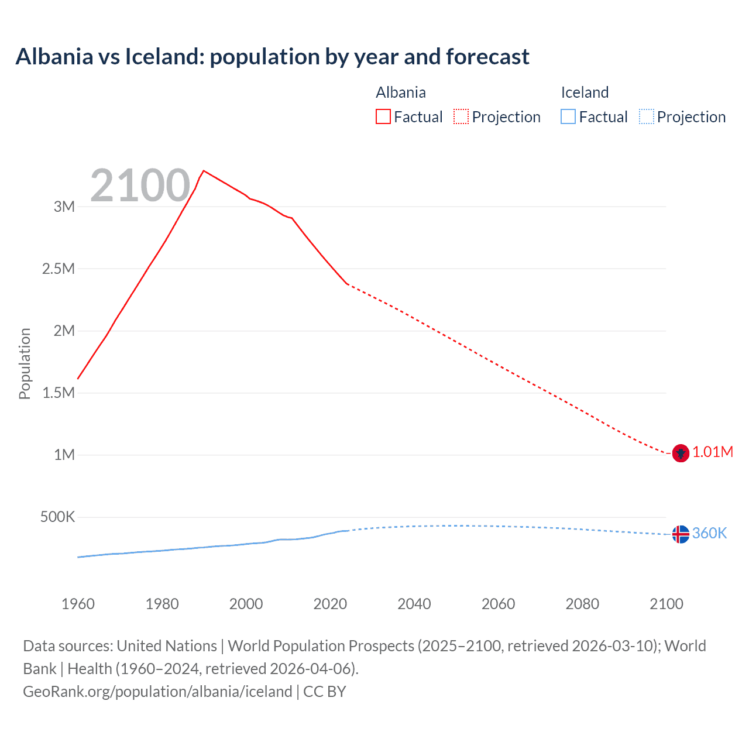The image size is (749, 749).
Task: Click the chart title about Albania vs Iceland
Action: coord(272,57)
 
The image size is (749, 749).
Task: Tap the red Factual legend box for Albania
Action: coord(383,116)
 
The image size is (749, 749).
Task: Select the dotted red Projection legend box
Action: coord(461,116)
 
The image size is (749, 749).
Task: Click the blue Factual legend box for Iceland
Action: coord(568,116)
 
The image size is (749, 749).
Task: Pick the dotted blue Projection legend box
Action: coord(647,116)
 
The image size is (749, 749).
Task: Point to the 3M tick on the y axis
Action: coord(64,207)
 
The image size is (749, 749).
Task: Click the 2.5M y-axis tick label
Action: coord(59,269)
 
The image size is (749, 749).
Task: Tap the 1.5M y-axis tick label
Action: coord(59,393)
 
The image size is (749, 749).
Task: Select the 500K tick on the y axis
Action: coord(57,517)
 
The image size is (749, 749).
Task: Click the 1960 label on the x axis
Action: coord(78,604)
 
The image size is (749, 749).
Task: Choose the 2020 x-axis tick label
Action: coord(330,604)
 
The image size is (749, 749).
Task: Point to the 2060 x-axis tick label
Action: coord(498,604)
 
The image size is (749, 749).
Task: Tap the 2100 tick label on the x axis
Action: coord(666,604)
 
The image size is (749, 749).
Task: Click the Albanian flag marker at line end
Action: coord(681,453)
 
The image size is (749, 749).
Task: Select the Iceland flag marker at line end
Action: coord(681,534)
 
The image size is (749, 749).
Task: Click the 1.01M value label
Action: coord(713,452)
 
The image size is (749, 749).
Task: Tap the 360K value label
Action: coord(709,533)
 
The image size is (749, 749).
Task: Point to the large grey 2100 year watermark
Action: coord(140,185)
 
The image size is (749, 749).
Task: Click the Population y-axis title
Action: coord(25,363)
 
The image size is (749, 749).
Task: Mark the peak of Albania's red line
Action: coord(203,171)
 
